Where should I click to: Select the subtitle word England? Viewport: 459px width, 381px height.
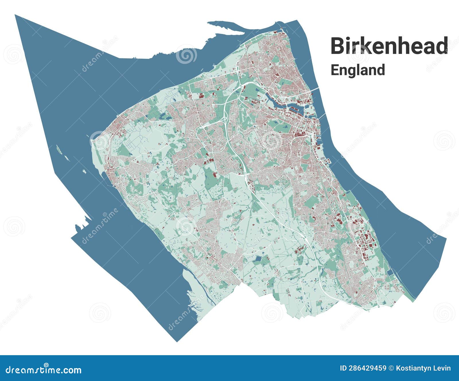(357, 70)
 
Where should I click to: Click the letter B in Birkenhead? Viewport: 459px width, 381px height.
(338, 46)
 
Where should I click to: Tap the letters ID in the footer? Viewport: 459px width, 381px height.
(343, 368)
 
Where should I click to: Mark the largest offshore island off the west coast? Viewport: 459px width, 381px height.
(59, 148)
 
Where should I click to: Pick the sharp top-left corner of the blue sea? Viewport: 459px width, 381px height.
(15, 15)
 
